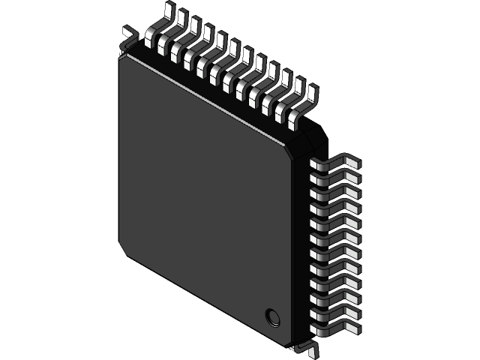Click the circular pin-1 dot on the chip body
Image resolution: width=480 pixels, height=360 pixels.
pyautogui.click(x=271, y=316)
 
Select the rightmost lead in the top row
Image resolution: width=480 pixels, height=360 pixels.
pyautogui.click(x=304, y=104)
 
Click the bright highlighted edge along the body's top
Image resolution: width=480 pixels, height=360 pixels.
pyautogui.click(x=202, y=97)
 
